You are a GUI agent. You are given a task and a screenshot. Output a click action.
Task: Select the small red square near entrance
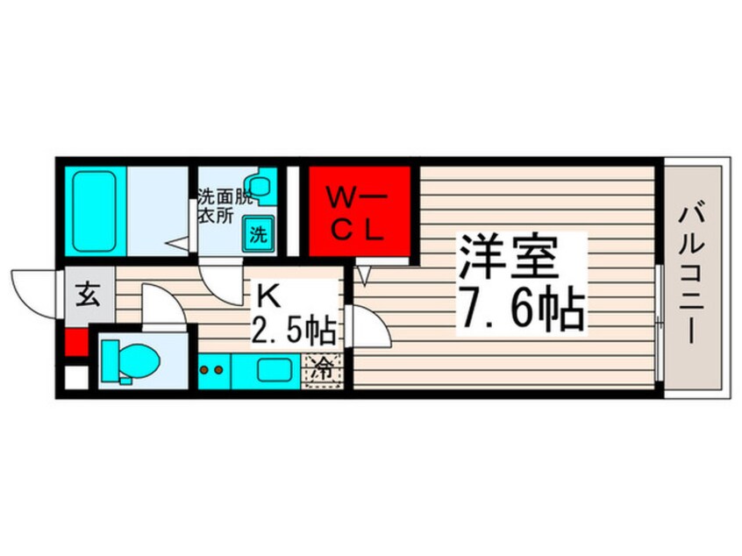[x=76, y=340]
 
